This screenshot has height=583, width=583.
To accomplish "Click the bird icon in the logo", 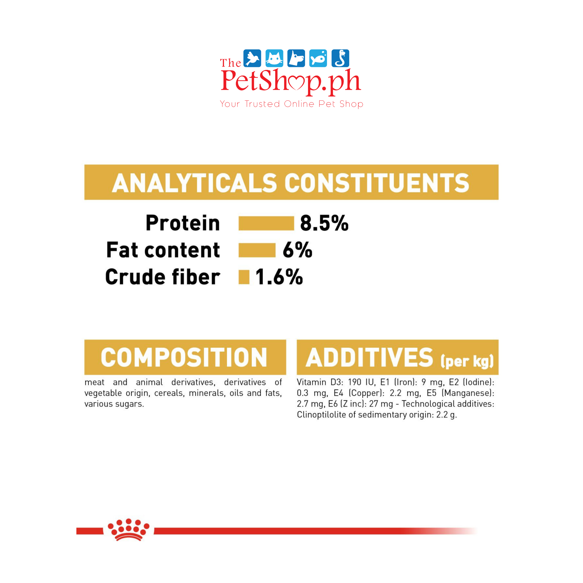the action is tap(252, 58).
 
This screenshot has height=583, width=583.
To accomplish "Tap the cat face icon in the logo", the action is tap(274, 58).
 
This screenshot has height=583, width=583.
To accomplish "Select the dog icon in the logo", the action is tap(296, 58).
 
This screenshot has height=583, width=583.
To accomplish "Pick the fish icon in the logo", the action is tap(318, 58).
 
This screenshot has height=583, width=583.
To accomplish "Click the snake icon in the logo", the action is tap(340, 58).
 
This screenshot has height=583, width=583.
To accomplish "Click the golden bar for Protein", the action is tap(266, 223).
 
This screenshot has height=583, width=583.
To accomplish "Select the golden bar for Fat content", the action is tap(257, 250).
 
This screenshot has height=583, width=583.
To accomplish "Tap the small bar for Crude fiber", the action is tap(244, 277).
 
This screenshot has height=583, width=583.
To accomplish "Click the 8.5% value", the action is tap(324, 223).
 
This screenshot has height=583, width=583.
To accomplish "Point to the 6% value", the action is tap(297, 250).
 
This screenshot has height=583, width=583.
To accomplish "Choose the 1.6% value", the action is tap(279, 277).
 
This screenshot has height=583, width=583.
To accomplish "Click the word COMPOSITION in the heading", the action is tap(184, 358).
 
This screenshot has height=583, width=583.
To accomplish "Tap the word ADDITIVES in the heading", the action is tap(369, 358).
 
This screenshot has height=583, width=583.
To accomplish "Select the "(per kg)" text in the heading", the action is tap(467, 361).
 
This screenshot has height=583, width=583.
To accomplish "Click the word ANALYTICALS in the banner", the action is tap(195, 183).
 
